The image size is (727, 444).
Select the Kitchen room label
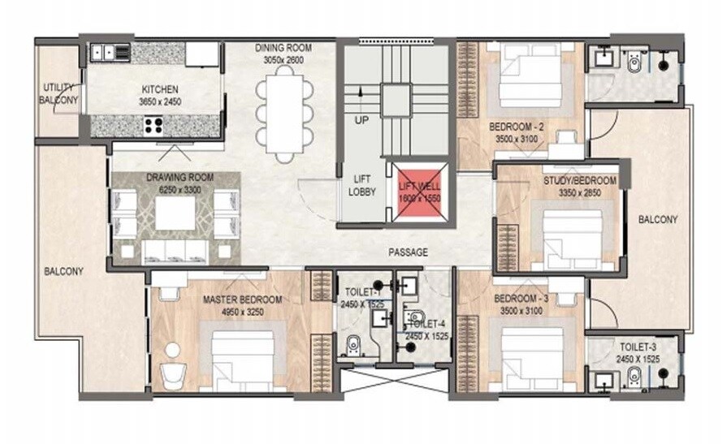tap(159, 88)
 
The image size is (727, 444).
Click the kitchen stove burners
tap(154, 125)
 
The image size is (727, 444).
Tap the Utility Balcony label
tap(59, 94)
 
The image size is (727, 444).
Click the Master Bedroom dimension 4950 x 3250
tap(242, 311)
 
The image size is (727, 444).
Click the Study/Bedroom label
tap(579, 181)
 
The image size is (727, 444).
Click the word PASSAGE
tap(408, 252)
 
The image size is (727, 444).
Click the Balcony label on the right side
tap(657, 220)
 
